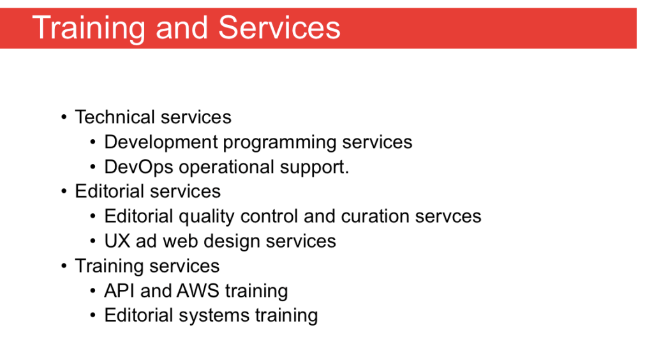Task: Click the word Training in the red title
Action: [89, 28]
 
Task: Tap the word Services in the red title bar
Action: [279, 27]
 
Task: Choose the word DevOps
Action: [138, 167]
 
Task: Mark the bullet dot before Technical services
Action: [64, 117]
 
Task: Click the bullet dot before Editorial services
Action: [64, 191]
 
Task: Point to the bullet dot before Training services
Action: [64, 266]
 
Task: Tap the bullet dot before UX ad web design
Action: [93, 241]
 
